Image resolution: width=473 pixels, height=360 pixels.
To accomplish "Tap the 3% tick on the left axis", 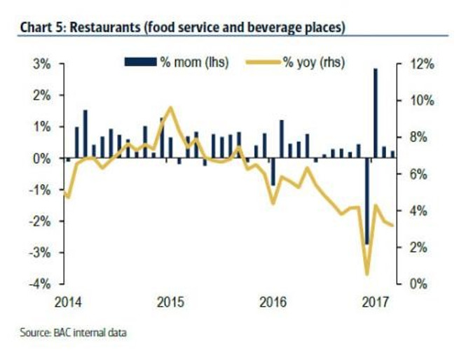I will pyautogui.click(x=41, y=64).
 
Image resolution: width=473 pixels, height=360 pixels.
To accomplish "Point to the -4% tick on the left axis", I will pyautogui.click(x=40, y=284).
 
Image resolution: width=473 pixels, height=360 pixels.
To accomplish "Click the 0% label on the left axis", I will pyautogui.click(x=41, y=158).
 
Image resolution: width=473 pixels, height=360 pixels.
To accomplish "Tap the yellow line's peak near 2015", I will pyautogui.click(x=170, y=108).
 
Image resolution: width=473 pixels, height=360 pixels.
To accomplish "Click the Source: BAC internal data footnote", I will pyautogui.click(x=70, y=331).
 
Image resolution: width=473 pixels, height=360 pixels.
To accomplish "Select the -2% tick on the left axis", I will pyautogui.click(x=40, y=221).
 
